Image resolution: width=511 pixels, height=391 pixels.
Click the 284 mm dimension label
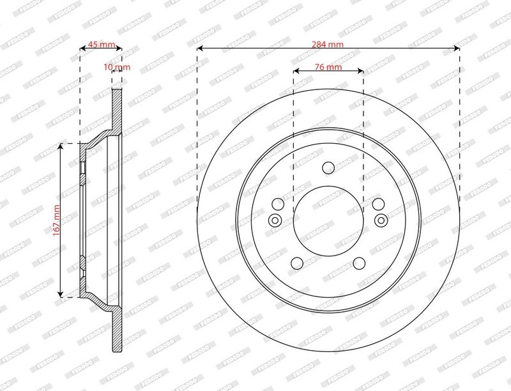tap(327, 44)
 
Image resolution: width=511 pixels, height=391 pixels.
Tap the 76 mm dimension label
tap(328, 67)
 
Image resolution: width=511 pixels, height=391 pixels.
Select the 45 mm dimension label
tap(102, 44)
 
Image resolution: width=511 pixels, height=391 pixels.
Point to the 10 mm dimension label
tap(117, 67)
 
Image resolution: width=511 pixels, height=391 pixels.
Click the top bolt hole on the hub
tap(328, 168)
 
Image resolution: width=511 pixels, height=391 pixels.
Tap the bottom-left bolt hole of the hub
tap(297, 263)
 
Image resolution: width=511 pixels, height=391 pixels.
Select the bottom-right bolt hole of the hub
tap(359, 263)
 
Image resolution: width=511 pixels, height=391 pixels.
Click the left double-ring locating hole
tap(275, 220)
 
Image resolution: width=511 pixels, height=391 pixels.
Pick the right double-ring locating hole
tap(381, 220)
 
